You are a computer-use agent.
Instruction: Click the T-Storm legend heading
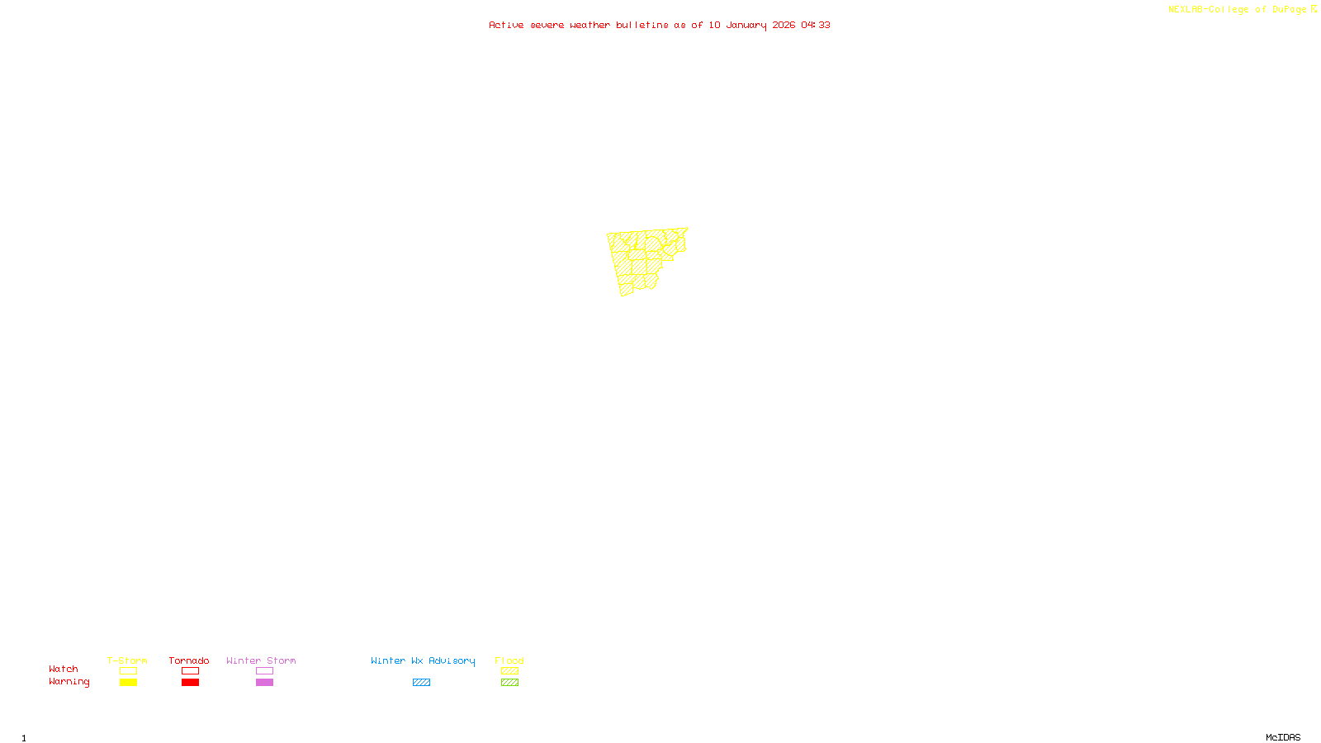click(x=127, y=660)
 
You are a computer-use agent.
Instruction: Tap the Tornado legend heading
click(x=189, y=660)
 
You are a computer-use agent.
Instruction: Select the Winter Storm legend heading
click(x=261, y=660)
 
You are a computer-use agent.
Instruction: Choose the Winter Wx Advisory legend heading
click(x=423, y=660)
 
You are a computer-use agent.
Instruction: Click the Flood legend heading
click(x=509, y=660)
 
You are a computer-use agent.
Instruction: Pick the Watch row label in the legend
click(x=64, y=669)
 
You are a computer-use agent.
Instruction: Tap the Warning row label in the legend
click(x=69, y=682)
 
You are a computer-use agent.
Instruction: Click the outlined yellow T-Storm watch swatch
click(x=128, y=671)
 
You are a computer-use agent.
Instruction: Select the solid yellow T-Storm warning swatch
click(x=128, y=683)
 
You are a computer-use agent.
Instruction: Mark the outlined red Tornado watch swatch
click(x=190, y=671)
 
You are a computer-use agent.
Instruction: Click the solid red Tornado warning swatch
click(x=190, y=683)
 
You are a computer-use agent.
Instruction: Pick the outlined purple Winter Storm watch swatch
click(x=264, y=671)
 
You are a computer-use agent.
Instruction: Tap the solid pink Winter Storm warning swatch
click(x=264, y=683)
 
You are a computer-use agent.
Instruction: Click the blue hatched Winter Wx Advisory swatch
click(x=421, y=683)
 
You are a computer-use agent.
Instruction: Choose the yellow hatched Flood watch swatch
click(x=509, y=671)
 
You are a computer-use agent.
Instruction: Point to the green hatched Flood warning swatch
click(x=509, y=683)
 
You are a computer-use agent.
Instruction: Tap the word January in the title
click(x=746, y=25)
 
